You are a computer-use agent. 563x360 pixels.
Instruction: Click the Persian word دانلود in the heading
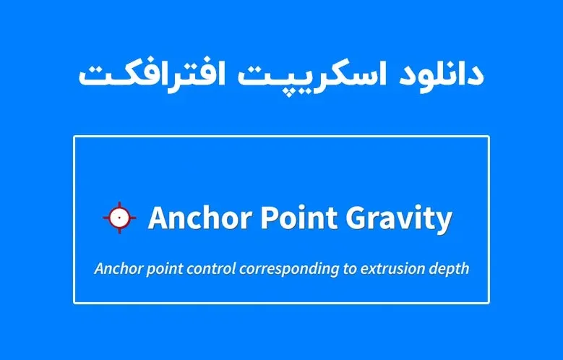click(441, 75)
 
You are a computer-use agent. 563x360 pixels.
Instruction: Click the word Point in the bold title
click(298, 218)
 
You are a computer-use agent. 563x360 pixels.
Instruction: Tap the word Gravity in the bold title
click(398, 220)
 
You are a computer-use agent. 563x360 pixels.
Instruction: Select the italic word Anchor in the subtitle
click(119, 268)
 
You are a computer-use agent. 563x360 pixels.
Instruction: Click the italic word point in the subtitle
click(165, 270)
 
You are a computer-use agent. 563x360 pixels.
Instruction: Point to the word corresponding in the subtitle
click(289, 270)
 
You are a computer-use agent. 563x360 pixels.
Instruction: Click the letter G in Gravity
click(356, 218)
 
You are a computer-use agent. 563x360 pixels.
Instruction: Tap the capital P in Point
click(269, 218)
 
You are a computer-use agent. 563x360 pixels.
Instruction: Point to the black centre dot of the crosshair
click(119, 218)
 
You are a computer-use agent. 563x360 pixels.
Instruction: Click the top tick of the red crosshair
click(119, 205)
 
